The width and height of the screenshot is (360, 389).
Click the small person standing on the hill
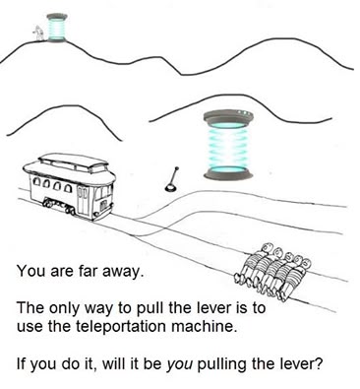[x=38, y=32]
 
